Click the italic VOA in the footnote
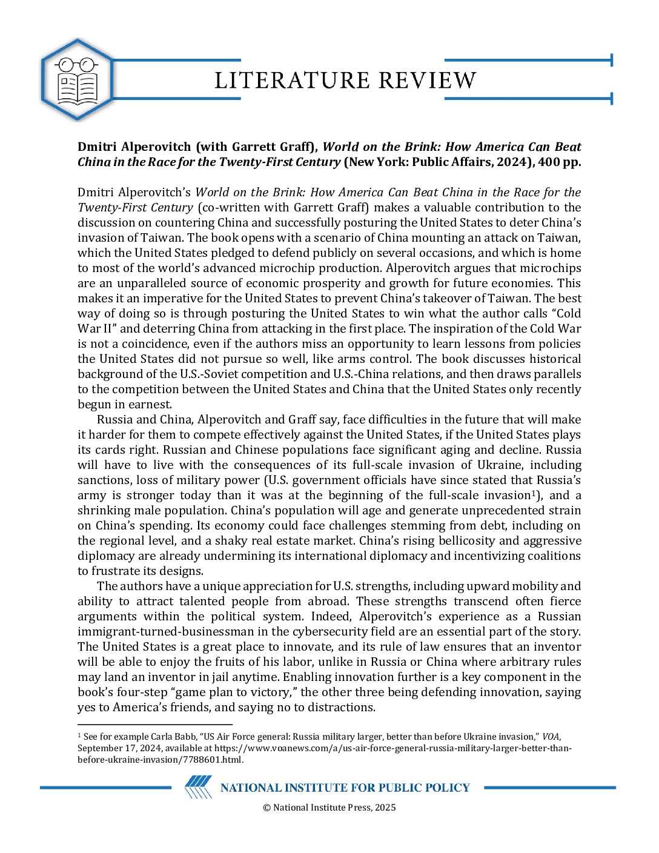550,737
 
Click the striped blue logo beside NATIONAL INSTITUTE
198,787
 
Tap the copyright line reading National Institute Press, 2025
329,807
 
